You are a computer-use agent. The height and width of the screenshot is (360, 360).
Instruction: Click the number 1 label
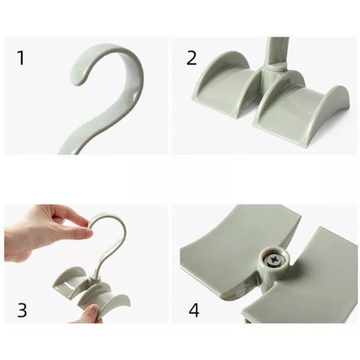21,58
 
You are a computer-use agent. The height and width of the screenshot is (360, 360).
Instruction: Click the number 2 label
192,58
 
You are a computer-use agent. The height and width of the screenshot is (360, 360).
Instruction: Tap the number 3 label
22,310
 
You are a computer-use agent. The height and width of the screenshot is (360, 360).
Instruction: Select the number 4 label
194,310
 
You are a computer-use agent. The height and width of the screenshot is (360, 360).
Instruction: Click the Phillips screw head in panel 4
274,261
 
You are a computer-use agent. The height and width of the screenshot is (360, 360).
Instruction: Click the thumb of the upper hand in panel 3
78,233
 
